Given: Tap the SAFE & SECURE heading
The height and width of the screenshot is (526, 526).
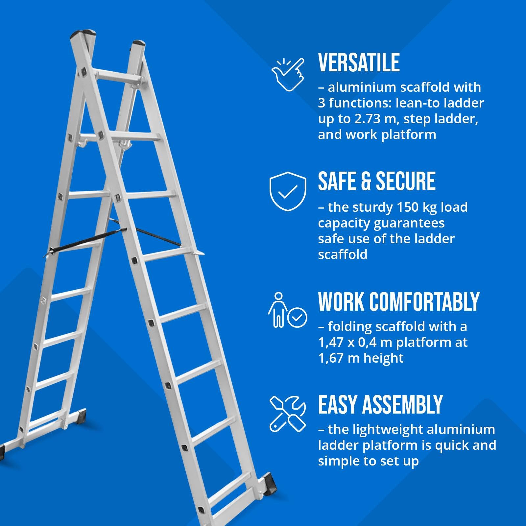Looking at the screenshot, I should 376,181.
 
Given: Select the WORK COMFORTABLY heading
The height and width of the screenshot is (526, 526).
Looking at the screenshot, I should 398,301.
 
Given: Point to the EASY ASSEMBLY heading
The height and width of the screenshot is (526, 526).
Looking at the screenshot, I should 380,405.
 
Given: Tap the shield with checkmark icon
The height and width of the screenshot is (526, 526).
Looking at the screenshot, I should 288,191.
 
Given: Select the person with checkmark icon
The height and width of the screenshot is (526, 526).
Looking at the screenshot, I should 287,310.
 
